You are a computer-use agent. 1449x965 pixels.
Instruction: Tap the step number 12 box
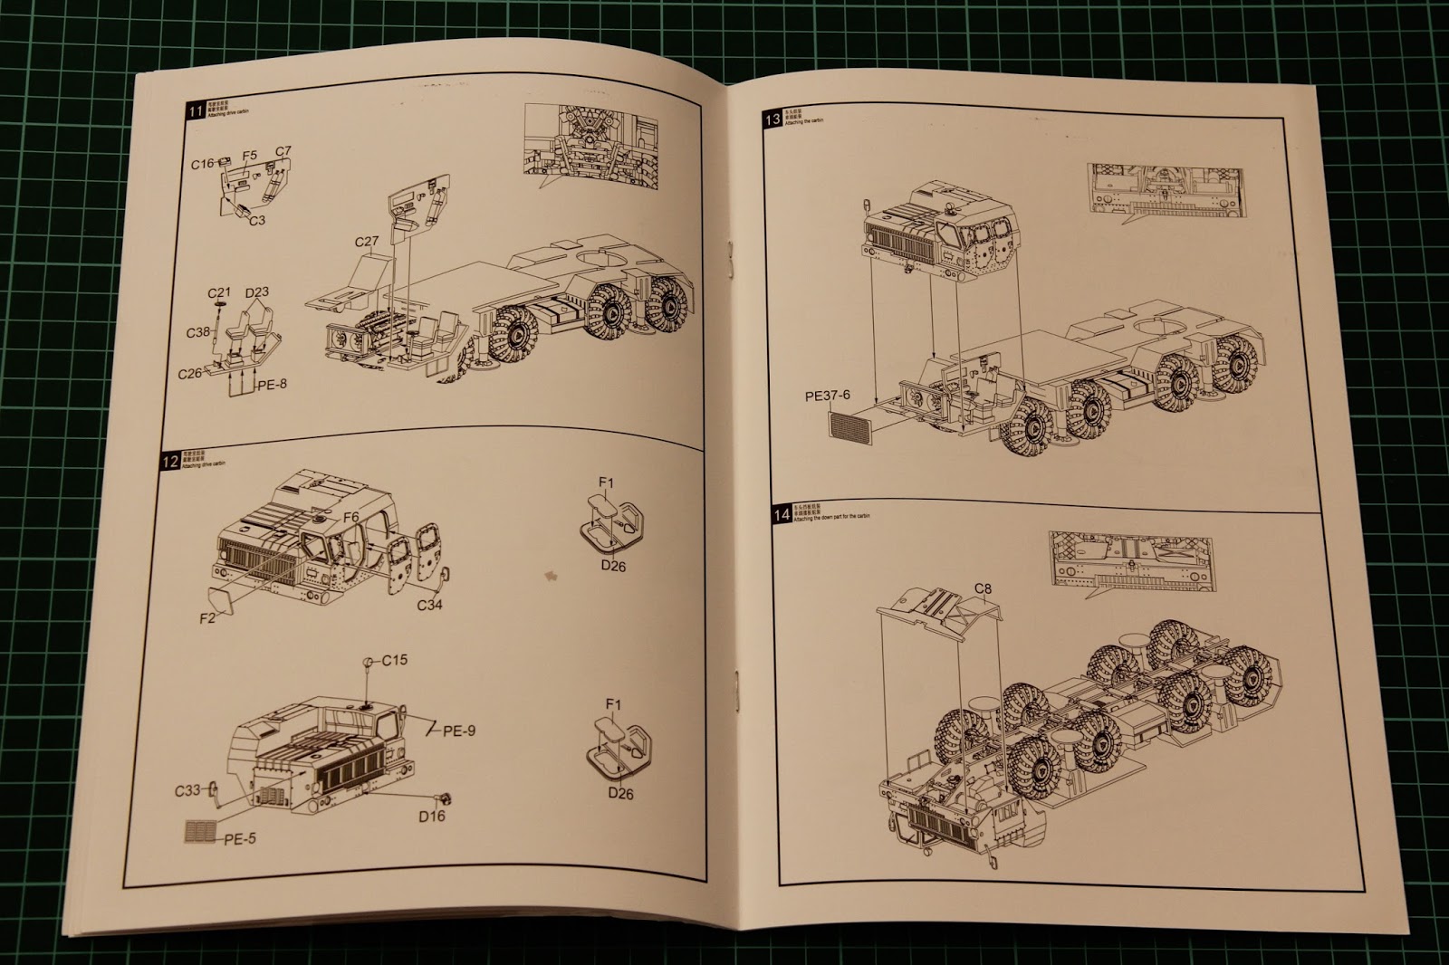click(169, 460)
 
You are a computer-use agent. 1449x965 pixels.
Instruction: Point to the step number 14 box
click(781, 516)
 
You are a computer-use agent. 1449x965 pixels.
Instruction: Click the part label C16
click(202, 164)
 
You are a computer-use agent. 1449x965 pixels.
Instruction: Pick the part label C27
click(367, 242)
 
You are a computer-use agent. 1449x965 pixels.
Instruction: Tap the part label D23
click(256, 292)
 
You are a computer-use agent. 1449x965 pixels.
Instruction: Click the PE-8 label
click(272, 384)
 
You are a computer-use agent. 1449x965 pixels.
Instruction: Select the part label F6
click(351, 516)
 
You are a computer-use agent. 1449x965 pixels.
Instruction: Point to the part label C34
click(429, 604)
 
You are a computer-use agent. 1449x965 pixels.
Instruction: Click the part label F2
click(208, 619)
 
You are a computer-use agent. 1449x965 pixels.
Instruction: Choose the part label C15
click(394, 660)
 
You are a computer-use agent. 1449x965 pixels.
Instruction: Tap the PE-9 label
click(459, 731)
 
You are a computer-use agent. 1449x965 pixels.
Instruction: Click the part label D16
click(432, 816)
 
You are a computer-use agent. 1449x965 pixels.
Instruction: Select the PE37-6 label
click(829, 396)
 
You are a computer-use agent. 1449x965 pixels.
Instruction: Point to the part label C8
click(983, 589)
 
